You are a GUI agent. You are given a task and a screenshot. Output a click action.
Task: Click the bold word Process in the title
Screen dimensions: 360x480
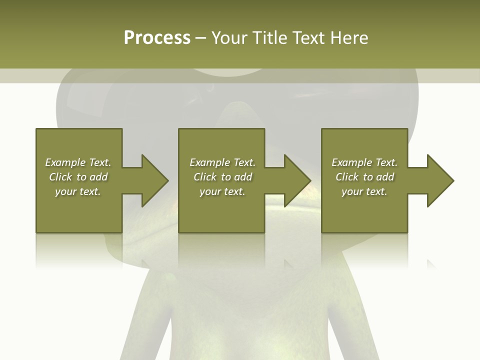(157, 38)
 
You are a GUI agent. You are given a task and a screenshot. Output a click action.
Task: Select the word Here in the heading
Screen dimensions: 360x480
(349, 38)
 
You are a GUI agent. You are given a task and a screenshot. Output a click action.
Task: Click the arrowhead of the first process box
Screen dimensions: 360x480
(154, 180)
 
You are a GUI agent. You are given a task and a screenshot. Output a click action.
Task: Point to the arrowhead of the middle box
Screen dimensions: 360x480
(297, 180)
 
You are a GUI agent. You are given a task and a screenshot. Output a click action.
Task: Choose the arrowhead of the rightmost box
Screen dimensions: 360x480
(440, 180)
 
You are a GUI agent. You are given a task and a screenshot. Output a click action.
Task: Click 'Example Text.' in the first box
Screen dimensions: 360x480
(78, 162)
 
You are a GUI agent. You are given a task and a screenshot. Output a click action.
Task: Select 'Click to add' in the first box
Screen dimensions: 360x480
(78, 177)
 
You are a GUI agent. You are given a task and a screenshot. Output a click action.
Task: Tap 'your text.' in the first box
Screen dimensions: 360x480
(78, 191)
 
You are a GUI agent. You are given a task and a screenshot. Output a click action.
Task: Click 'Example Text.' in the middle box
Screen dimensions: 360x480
(222, 162)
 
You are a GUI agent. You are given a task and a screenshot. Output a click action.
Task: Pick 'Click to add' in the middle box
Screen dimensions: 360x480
(222, 177)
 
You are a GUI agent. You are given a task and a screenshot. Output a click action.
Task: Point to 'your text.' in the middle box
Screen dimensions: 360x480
(222, 191)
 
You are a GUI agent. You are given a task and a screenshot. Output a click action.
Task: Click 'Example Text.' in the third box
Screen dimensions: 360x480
(364, 162)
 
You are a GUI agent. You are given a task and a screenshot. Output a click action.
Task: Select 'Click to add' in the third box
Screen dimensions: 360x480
(364, 177)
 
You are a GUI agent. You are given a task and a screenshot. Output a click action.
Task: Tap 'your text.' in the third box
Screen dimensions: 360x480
(364, 191)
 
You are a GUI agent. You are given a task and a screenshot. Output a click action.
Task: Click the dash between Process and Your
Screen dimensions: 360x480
(200, 38)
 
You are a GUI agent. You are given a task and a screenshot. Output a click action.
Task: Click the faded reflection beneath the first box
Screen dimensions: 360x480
(79, 250)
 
